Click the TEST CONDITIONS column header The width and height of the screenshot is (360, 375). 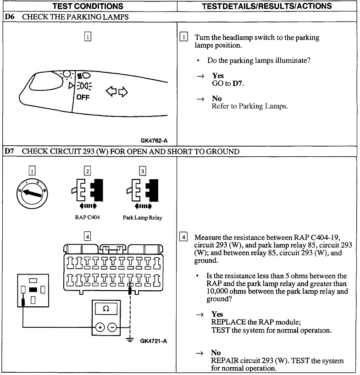pos(88,6)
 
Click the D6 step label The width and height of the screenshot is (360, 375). pos(10,17)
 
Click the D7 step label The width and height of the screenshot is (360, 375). pos(10,151)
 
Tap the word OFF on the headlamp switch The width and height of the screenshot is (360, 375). pos(83,97)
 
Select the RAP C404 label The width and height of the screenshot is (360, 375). pos(87,217)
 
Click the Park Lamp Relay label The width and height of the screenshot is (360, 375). pos(142,217)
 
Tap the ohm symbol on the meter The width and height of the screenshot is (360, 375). pos(106,309)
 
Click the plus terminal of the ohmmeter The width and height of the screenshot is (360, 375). pos(99,327)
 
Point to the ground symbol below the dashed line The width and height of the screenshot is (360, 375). pos(131,340)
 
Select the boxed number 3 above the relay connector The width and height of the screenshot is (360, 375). pos(143,171)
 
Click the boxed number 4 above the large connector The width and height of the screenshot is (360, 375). pos(87,237)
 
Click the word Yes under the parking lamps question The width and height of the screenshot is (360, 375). pos(218,75)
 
